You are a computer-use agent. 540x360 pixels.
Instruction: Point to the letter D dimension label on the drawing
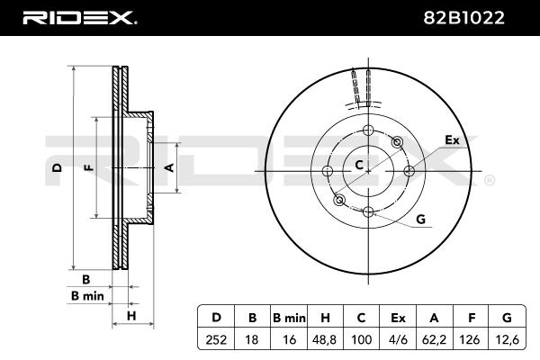point(57,167)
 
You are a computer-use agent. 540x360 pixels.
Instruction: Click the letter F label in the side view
point(86,167)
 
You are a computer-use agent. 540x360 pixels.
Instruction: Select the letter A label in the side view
point(167,167)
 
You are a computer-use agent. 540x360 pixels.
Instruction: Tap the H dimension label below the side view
point(130,315)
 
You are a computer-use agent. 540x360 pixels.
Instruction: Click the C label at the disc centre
point(358,165)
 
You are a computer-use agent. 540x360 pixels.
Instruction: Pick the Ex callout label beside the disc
point(452,140)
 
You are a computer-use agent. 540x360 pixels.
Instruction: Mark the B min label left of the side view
point(87,296)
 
